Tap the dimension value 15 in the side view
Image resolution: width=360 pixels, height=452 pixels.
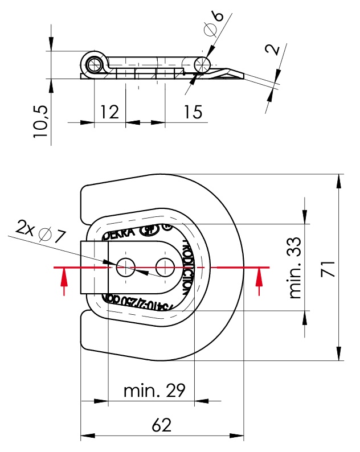[193, 112]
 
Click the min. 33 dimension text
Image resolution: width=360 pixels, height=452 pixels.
[295, 268]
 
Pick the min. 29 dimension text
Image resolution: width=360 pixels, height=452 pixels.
[154, 391]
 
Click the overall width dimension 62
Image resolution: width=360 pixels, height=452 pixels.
[162, 425]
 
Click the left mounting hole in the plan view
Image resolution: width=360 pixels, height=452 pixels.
[125, 265]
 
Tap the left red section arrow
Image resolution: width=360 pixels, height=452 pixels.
[64, 280]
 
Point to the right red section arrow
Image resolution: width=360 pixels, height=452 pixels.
[260, 280]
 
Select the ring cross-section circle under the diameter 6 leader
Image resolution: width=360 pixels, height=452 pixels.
[202, 64]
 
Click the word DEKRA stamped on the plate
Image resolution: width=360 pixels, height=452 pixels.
[118, 233]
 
